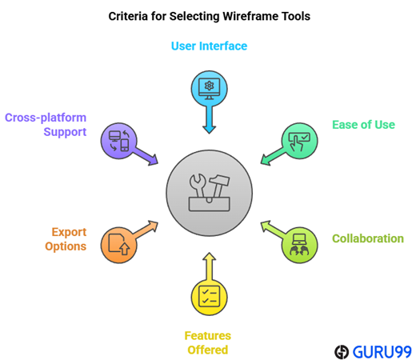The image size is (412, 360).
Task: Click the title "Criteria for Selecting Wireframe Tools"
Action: point(209,16)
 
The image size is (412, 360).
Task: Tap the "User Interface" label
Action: point(209,46)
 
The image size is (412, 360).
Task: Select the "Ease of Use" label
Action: point(363,125)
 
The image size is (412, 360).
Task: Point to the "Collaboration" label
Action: point(368,238)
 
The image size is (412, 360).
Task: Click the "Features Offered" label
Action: point(208,342)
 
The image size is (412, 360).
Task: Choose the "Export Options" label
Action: point(66,239)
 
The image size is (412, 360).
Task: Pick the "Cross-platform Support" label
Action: point(46,125)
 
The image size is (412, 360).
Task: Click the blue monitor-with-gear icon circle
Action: point(209,89)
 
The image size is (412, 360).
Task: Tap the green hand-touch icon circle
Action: point(300,141)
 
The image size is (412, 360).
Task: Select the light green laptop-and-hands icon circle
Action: point(300,245)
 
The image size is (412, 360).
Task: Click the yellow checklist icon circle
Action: point(209,297)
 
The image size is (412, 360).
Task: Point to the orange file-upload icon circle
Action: point(118,245)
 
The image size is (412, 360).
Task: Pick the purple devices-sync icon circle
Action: point(118,141)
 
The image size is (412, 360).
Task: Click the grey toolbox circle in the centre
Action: point(209,193)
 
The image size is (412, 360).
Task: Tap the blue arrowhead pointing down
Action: point(209,129)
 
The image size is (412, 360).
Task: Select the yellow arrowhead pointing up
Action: point(209,257)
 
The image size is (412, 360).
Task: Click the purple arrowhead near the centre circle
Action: point(154,160)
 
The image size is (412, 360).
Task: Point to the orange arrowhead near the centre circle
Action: point(154,226)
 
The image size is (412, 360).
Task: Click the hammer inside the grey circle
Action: point(219,186)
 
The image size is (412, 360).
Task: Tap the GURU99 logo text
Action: point(382,352)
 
